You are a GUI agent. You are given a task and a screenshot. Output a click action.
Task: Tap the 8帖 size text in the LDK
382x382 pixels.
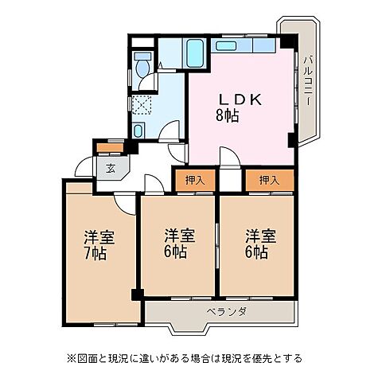(227, 116)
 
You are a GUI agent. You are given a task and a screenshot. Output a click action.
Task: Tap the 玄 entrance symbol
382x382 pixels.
(110, 168)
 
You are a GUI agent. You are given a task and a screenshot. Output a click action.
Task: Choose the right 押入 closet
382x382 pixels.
(269, 181)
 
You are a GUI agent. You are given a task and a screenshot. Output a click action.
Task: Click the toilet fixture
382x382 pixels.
(142, 64)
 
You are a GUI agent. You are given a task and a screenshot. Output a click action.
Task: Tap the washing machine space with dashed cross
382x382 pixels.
(142, 104)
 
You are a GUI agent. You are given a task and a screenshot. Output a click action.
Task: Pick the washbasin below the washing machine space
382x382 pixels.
(139, 129)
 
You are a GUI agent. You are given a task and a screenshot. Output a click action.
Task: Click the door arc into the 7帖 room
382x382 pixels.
(123, 202)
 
